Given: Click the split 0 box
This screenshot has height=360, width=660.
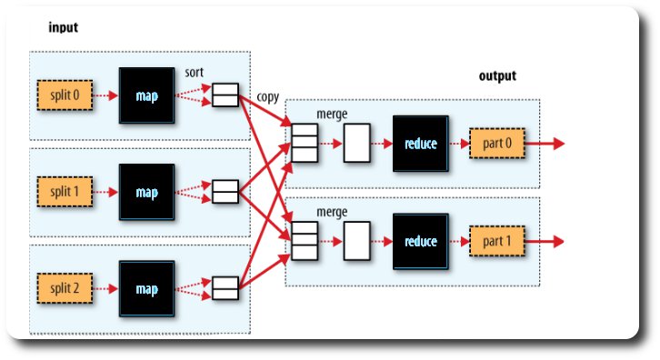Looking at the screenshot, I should pyautogui.click(x=66, y=94).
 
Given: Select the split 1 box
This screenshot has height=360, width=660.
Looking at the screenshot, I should pyautogui.click(x=66, y=192).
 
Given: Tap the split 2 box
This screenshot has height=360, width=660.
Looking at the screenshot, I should pyautogui.click(x=66, y=288).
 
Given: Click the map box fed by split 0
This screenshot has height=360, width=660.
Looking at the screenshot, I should pyautogui.click(x=146, y=94).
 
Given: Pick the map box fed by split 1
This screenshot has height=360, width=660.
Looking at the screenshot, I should pyautogui.click(x=146, y=192).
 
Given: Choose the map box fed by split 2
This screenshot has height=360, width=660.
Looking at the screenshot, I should pyautogui.click(x=146, y=288).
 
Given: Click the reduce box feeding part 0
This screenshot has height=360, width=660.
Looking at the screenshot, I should pyautogui.click(x=421, y=144).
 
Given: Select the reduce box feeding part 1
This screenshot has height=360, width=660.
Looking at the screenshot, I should pyautogui.click(x=421, y=241).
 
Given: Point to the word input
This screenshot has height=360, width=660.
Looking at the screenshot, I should pyautogui.click(x=64, y=28).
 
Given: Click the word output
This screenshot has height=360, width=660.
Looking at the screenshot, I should pyautogui.click(x=497, y=76).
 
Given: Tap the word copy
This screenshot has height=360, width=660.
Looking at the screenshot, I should pyautogui.click(x=267, y=95).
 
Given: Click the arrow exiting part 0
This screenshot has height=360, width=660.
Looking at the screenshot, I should pyautogui.click(x=545, y=144).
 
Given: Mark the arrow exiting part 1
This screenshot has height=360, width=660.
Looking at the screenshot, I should pyautogui.click(x=545, y=241).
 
